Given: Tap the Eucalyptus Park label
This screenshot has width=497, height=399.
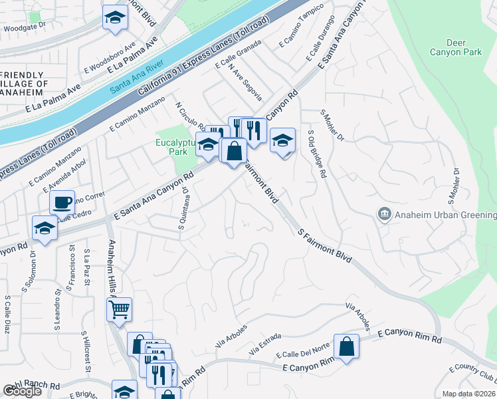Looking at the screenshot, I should (175, 146).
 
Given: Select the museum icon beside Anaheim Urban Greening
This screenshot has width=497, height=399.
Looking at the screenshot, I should (384, 214).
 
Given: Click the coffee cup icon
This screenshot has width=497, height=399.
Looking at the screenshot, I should (62, 201).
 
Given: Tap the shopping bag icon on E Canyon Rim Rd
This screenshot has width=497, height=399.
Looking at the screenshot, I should (347, 346).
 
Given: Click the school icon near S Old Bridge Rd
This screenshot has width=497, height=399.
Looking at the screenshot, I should (282, 140).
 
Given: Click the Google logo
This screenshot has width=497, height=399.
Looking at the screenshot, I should (22, 391).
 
